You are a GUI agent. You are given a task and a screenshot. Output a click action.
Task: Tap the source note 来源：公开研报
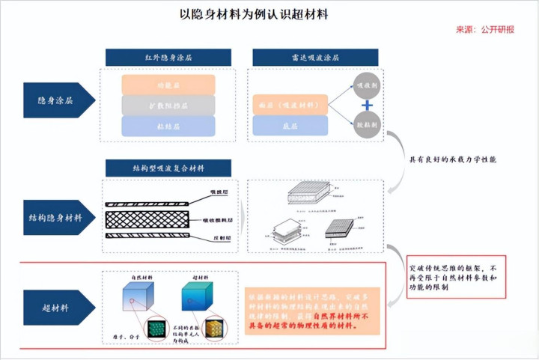click(x=485, y=30)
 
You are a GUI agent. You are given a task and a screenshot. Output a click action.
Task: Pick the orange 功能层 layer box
click(x=168, y=84)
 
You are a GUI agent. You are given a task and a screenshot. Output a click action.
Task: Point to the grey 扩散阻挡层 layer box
click(x=168, y=105)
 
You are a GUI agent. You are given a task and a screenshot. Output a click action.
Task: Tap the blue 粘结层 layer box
click(x=168, y=126)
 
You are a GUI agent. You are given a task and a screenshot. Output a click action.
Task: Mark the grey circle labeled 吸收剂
click(x=367, y=85)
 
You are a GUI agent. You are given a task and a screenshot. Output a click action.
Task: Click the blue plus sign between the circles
click(x=367, y=105)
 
